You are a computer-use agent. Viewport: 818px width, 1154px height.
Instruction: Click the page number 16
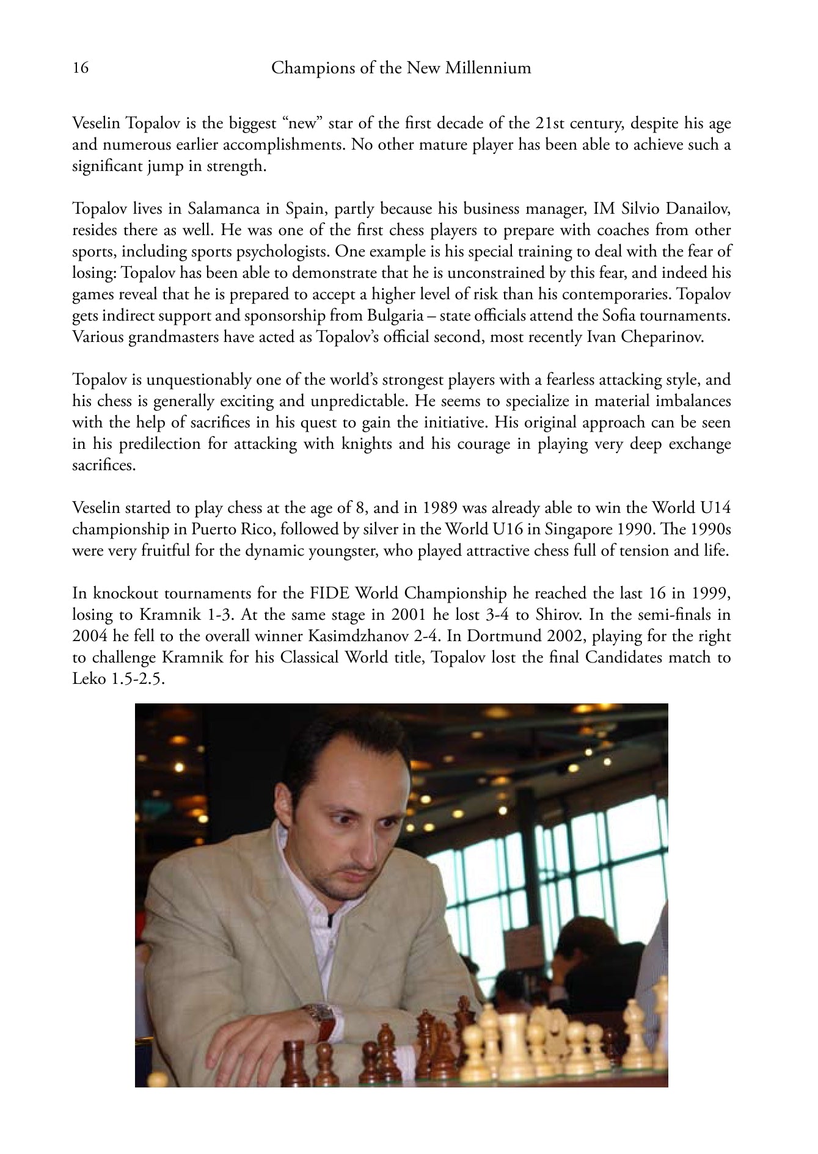pyautogui.click(x=80, y=68)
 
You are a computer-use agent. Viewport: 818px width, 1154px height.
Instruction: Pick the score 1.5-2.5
pyautogui.click(x=134, y=679)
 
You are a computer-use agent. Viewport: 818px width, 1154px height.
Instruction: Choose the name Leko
pyautogui.click(x=87, y=679)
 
